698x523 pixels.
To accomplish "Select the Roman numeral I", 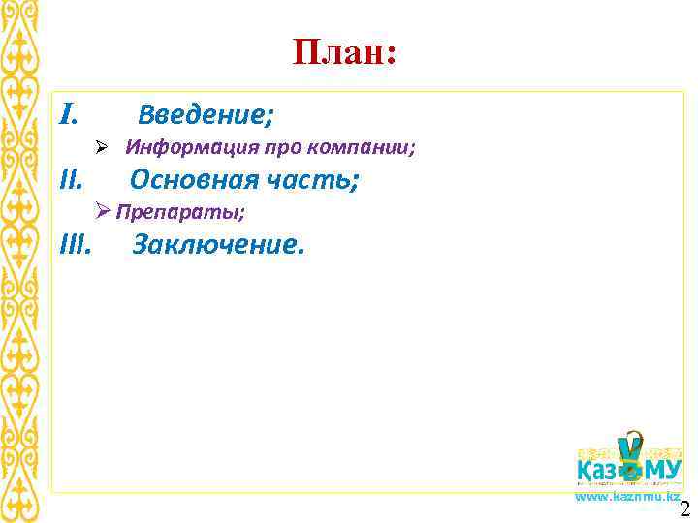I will (x=67, y=116).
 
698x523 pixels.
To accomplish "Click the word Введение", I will (x=203, y=116).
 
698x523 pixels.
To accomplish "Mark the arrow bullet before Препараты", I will (x=105, y=211).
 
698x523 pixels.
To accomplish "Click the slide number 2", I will (x=685, y=510).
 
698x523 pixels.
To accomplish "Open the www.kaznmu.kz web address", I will (x=626, y=496).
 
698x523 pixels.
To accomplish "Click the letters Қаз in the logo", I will (x=598, y=472).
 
